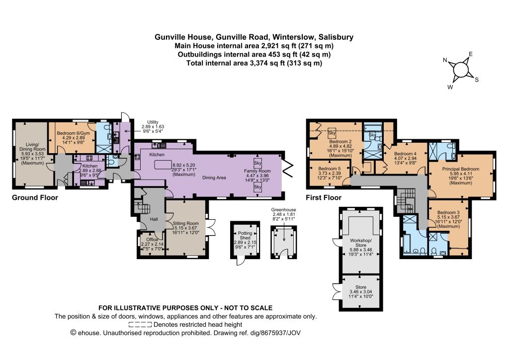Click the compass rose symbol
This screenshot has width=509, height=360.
tap(460, 70)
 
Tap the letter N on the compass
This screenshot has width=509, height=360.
tap(445, 60)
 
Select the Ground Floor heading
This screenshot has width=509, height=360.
tap(35, 198)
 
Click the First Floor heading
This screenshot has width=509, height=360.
tap(324, 198)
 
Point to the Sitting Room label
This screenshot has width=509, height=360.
tap(186, 223)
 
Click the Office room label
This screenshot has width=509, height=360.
tap(152, 240)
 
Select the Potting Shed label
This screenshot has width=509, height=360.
tap(245, 235)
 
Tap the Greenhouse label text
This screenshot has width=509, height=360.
tap(284, 210)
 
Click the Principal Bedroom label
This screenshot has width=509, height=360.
tap(461, 169)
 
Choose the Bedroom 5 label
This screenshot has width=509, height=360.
tap(330, 169)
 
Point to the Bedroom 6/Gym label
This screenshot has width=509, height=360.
tap(74, 133)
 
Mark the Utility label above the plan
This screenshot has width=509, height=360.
tap(153, 122)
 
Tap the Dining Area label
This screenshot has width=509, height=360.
tap(214, 178)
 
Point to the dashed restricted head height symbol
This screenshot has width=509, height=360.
tap(140, 324)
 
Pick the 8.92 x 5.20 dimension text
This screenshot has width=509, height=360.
tap(184, 165)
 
